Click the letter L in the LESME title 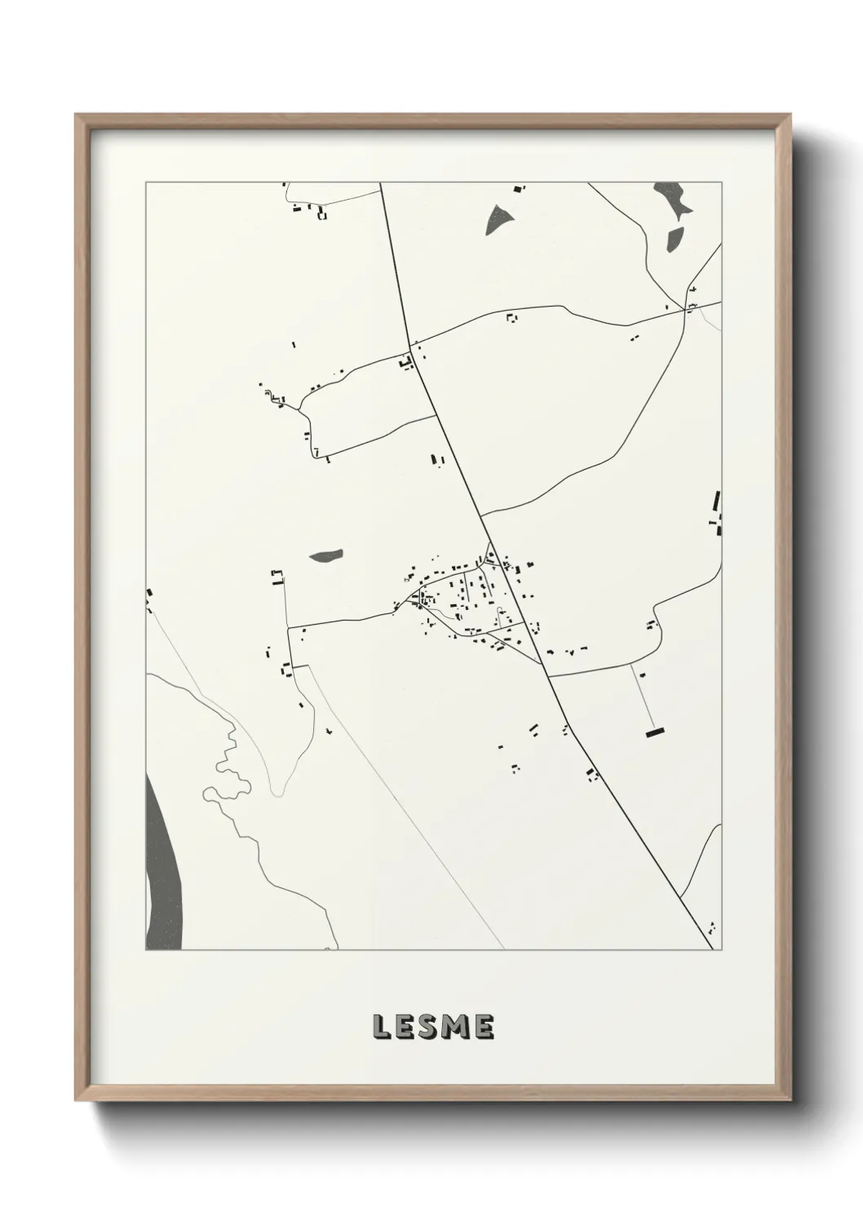[381, 1028]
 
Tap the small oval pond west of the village [325, 556]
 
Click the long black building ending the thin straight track [656, 733]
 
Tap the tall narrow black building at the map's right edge [717, 502]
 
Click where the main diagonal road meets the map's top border [382, 184]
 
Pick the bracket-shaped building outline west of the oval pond [277, 578]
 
